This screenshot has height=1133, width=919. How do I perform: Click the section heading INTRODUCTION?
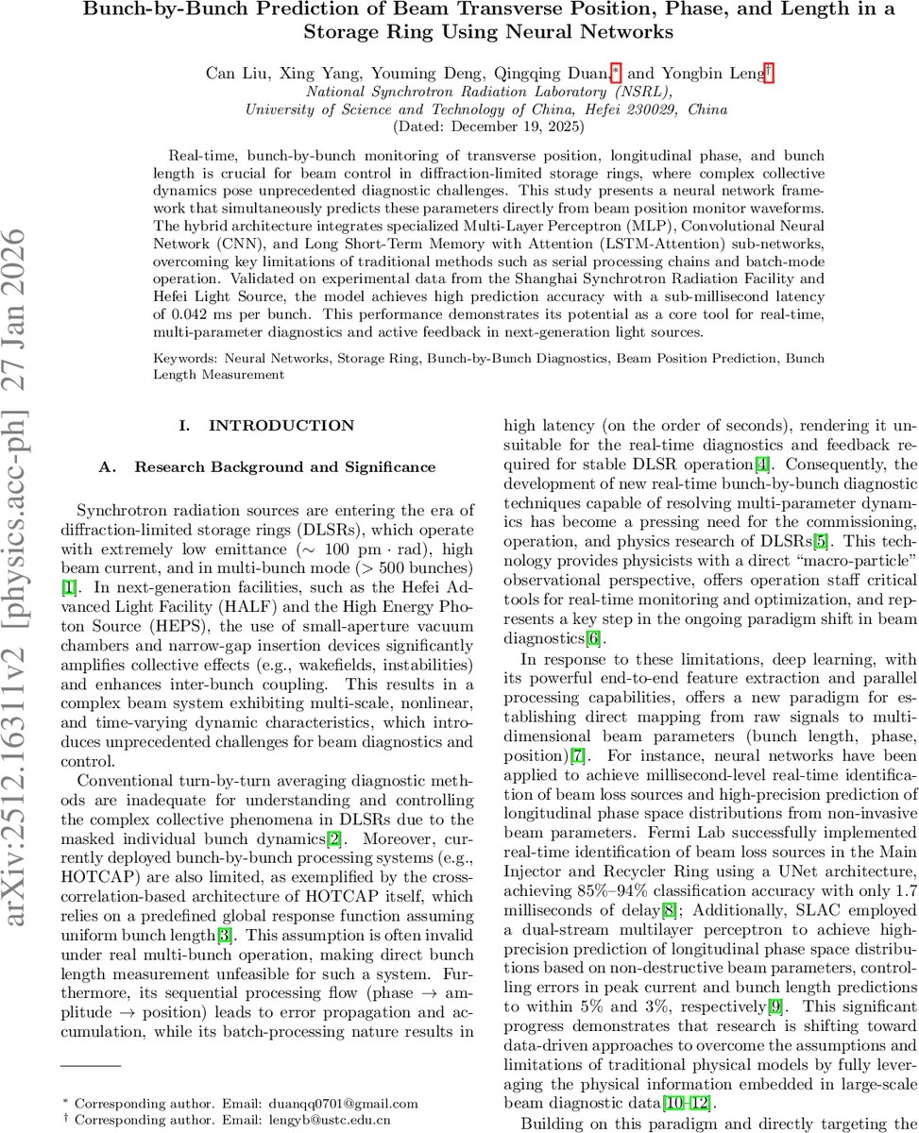[281, 426]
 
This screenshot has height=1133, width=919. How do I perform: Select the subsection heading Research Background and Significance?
[284, 466]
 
